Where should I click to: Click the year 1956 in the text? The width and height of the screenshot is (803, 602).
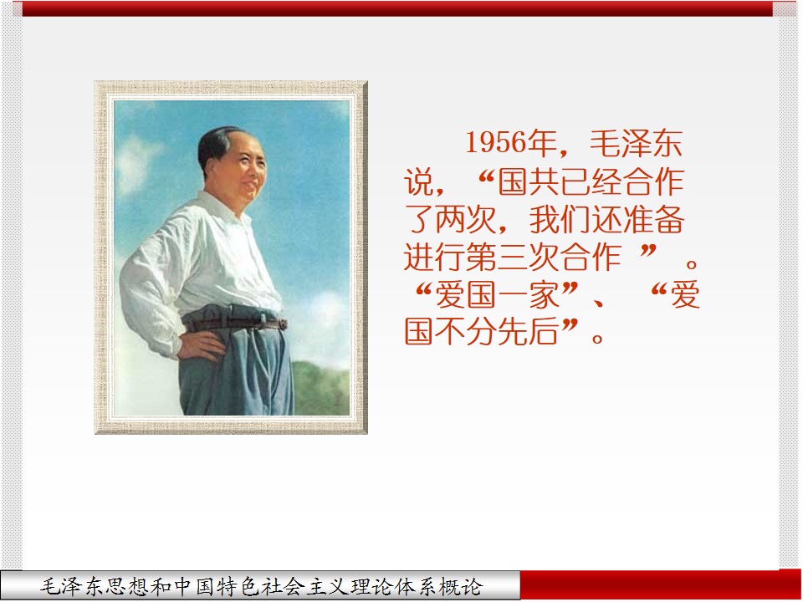(x=496, y=142)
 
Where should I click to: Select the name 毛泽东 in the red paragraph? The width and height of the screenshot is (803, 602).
(x=636, y=143)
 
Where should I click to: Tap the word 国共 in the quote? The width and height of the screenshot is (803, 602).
(x=529, y=181)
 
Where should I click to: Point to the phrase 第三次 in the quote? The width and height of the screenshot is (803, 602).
(x=513, y=257)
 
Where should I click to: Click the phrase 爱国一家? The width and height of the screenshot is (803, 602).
(x=497, y=295)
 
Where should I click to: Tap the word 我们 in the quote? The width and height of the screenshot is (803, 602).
(x=560, y=220)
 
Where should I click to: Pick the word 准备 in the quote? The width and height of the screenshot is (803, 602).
(x=654, y=220)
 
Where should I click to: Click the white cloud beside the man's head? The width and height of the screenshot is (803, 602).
(x=136, y=164)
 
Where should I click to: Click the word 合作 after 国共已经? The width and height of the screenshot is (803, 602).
(x=654, y=181)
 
